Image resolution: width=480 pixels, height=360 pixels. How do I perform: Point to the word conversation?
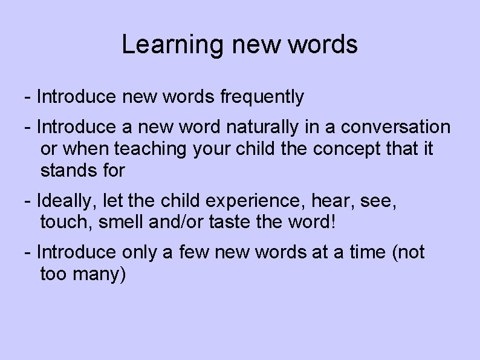pyautogui.click(x=396, y=127)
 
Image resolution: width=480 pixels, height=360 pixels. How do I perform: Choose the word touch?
pyautogui.click(x=64, y=223)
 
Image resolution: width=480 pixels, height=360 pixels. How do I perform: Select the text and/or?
pyautogui.click(x=175, y=223)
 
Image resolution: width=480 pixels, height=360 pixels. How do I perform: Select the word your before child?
pyautogui.click(x=211, y=149)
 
